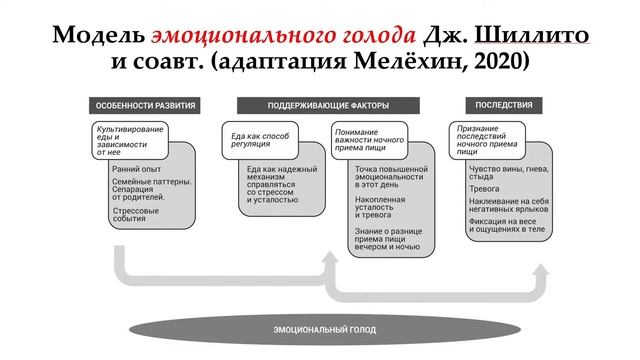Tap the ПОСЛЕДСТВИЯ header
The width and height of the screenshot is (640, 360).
497,105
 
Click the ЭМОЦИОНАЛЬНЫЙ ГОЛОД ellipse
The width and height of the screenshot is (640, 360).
314,329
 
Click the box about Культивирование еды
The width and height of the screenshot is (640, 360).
128,141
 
